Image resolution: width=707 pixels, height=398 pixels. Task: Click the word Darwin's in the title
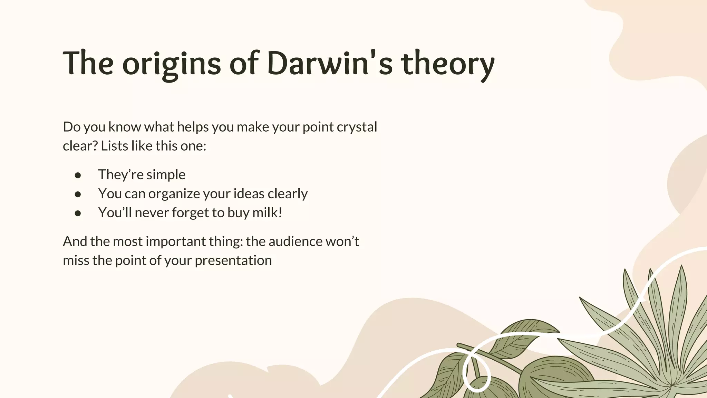[330, 64]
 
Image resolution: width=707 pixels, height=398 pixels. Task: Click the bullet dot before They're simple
[78, 176]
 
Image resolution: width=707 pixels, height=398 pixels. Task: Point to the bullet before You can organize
[78, 195]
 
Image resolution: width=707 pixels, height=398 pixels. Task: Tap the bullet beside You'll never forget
[78, 214]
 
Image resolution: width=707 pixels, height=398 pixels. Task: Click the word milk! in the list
[267, 212]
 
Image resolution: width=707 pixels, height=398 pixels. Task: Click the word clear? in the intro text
[80, 146]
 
